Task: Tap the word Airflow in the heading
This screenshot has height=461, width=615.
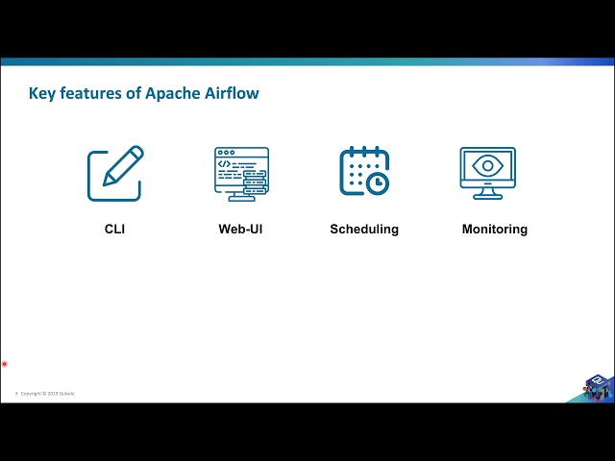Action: (x=232, y=93)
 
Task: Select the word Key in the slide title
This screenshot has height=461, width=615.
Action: (x=42, y=93)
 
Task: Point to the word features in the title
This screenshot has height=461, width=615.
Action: (x=92, y=93)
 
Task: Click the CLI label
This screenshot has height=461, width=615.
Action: (x=114, y=230)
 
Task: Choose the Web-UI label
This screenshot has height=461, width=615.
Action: (x=240, y=230)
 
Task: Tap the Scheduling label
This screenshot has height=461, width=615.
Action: (x=364, y=230)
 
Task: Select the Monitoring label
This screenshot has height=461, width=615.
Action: (x=494, y=230)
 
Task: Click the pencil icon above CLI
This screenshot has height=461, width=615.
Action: (x=115, y=174)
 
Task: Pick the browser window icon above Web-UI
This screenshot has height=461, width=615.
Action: (x=241, y=174)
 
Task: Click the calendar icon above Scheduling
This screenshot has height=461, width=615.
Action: (x=364, y=172)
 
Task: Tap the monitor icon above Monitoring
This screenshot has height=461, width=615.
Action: (x=488, y=173)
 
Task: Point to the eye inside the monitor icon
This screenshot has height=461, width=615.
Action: (x=488, y=166)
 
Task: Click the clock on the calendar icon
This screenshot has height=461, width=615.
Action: (x=378, y=182)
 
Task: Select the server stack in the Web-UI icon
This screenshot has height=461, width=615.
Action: (x=254, y=184)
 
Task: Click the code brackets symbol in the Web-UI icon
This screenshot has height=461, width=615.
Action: (x=225, y=164)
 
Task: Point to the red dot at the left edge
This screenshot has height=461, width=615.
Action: (x=5, y=364)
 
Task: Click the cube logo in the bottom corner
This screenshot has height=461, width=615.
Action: (x=598, y=386)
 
